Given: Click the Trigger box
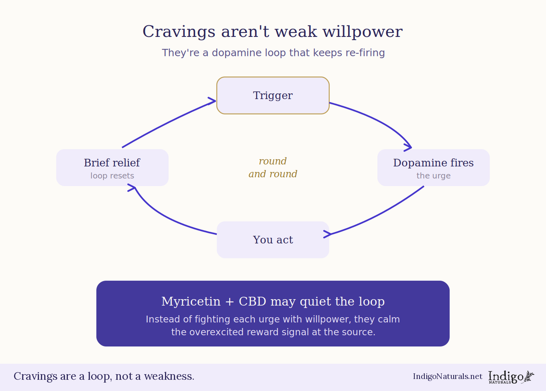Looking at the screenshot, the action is point(273,95).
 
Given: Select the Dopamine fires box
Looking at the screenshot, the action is point(433,168).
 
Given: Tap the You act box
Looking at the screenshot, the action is point(273,240).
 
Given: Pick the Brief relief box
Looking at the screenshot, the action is point(112,168).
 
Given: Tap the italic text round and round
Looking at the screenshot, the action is point(273,168).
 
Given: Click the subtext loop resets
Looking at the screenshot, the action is point(112,175).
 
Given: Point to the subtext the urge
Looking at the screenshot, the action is point(433,175).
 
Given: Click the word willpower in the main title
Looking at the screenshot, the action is point(363,32).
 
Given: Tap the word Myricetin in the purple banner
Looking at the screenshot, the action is point(191,301).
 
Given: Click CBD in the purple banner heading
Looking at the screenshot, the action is point(252,301).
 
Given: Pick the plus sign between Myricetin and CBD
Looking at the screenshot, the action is point(230,302).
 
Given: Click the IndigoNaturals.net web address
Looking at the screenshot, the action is point(448,376).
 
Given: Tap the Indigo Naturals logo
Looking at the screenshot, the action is point(511,377).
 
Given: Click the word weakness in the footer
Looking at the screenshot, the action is point(169,376).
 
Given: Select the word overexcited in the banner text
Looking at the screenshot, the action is point(217,332).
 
